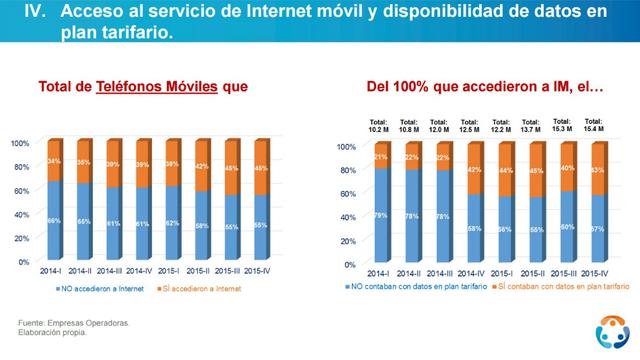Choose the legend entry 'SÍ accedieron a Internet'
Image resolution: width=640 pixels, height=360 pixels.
point(214,287)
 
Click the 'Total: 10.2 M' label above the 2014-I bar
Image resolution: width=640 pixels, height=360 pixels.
point(378,126)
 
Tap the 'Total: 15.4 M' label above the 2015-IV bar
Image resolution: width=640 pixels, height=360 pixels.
point(595,125)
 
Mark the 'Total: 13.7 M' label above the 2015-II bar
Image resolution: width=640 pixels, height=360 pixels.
point(532,126)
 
